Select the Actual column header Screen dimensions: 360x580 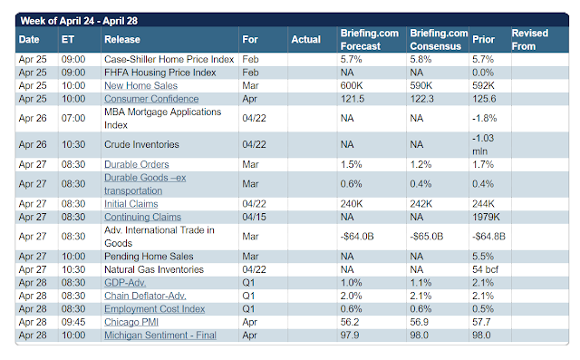point(305,40)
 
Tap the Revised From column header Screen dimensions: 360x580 point(529,40)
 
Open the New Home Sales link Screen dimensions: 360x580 point(140,85)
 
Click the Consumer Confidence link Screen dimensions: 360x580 point(148,97)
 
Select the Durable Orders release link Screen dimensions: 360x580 point(137,165)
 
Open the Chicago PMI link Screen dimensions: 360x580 point(132,322)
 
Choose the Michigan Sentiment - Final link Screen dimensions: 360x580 point(160,335)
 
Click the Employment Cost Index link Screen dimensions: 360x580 point(153,309)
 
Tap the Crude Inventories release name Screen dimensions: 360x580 point(140,144)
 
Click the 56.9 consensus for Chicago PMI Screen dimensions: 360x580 point(421,322)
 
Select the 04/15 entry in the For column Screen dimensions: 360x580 point(256,218)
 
